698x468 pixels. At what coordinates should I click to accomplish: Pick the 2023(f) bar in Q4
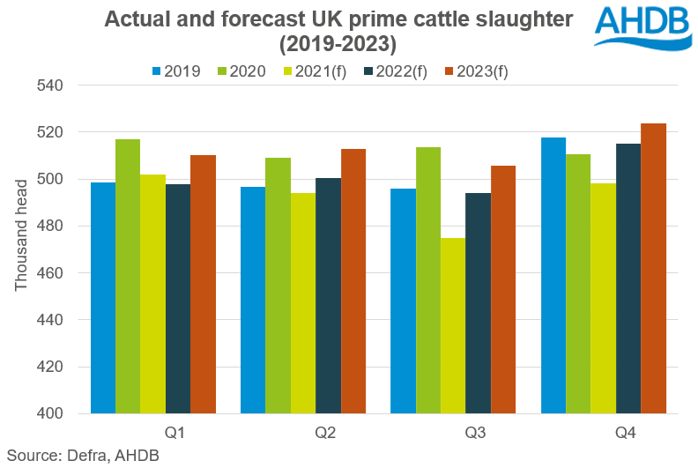[x=653, y=268]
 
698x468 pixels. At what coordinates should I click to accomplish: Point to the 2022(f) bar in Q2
[x=328, y=295]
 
